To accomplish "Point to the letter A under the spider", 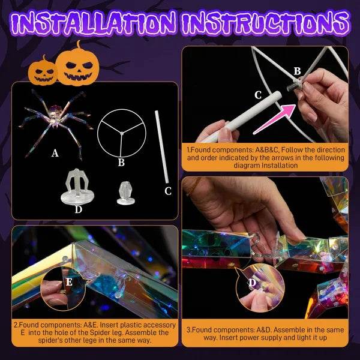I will point(55,153).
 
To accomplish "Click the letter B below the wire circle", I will point(121,161).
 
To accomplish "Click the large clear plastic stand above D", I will point(79,185).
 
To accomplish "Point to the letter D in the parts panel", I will point(79,209).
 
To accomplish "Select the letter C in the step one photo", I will point(258,95).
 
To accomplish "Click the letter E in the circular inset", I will point(70,282).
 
